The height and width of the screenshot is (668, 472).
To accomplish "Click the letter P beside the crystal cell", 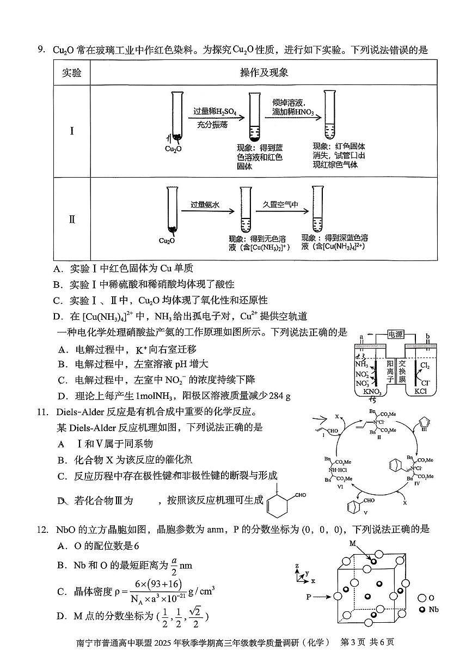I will click(x=308, y=597).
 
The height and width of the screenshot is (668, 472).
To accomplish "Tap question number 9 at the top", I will click(x=41, y=51).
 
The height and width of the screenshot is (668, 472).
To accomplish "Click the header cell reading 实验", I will click(x=72, y=72).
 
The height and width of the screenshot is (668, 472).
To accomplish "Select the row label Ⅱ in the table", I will click(x=72, y=220).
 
